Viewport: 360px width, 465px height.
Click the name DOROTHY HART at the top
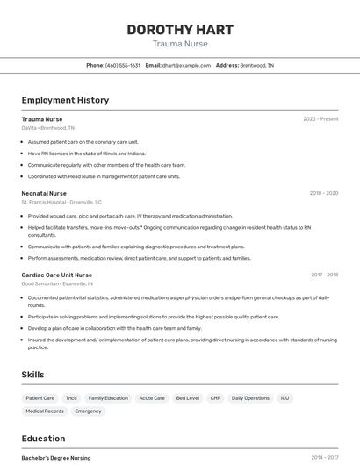pos(180,29)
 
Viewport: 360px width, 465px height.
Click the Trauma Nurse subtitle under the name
pos(180,43)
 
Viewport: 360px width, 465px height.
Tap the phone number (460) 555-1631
pos(122,65)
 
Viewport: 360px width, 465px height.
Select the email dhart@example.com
pos(184,65)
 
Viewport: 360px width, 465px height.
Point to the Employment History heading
pos(65,100)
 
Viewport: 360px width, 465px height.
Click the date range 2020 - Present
pos(320,119)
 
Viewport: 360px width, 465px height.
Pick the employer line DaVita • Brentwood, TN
pos(48,128)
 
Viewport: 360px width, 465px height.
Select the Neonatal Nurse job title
pos(44,193)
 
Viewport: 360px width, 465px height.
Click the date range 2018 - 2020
pos(323,193)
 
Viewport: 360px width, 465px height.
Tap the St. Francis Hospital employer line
pos(61,202)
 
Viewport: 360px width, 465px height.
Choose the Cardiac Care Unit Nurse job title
pos(56,275)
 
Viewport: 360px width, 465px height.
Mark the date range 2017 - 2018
pos(324,275)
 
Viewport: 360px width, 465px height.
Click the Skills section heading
pos(33,375)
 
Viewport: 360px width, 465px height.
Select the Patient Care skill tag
pos(40,398)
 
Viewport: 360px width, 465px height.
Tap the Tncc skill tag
pos(71,398)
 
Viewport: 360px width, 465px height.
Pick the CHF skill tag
pos(215,398)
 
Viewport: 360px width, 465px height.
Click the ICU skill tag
pos(284,398)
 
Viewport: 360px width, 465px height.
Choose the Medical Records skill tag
pos(45,411)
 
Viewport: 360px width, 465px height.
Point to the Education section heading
pos(43,439)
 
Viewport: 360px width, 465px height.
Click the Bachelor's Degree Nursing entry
pos(56,458)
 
